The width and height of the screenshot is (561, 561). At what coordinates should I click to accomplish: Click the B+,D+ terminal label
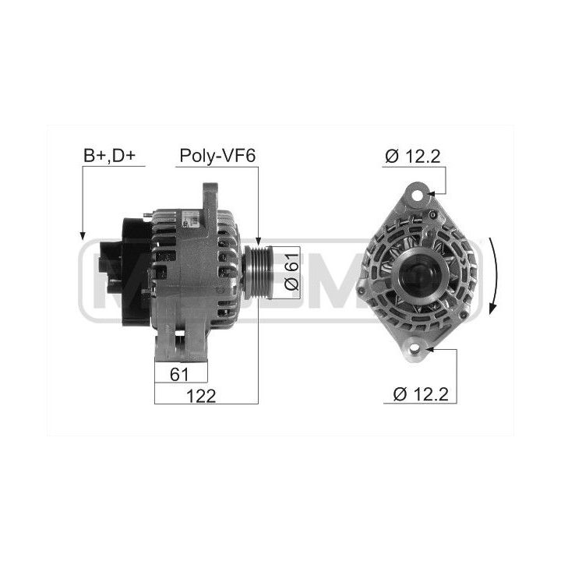110,156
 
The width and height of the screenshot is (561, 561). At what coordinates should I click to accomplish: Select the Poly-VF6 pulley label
217,156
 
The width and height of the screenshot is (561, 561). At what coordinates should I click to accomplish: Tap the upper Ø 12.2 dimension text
412,157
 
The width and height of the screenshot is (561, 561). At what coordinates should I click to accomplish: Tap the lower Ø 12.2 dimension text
421,394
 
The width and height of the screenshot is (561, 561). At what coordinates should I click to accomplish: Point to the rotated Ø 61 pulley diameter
291,272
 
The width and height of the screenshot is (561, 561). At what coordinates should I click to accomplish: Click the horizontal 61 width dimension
179,375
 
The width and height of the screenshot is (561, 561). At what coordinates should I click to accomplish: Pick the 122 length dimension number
201,396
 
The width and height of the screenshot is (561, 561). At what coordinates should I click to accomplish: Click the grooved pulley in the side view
257,272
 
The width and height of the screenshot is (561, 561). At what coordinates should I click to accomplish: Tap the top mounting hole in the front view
418,196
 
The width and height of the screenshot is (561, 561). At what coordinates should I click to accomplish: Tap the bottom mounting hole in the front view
415,348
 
